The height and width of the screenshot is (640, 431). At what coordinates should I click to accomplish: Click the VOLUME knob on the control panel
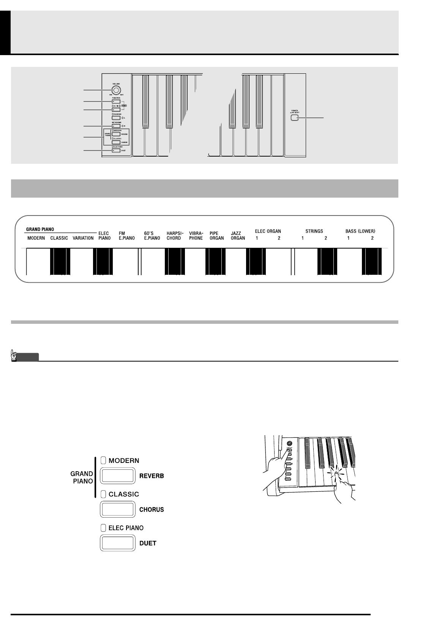(117, 90)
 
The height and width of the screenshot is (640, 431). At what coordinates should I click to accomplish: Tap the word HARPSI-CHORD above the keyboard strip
(174, 236)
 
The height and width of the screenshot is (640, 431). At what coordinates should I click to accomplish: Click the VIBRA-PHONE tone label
(196, 236)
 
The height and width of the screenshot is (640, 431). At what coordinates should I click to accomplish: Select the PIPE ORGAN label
(216, 236)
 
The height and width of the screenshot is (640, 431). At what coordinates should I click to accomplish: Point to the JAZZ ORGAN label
(238, 236)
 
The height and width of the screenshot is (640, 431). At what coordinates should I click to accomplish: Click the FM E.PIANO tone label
(126, 236)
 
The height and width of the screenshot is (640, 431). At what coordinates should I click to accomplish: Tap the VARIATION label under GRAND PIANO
(83, 238)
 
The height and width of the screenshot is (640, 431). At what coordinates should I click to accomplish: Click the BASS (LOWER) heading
(360, 231)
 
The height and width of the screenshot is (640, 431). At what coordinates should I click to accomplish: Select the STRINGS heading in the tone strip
(314, 231)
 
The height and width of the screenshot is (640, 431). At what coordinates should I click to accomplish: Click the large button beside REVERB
(117, 476)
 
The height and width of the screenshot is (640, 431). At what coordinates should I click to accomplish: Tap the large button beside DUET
(117, 543)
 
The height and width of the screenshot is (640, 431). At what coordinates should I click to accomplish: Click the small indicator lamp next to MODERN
(104, 461)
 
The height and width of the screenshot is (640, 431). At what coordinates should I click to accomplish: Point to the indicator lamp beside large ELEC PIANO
(104, 528)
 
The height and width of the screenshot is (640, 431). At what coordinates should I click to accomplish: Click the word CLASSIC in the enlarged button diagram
(124, 494)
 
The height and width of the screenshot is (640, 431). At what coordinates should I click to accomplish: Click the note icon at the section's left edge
(14, 356)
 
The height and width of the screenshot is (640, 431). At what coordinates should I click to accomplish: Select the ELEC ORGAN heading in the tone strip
(268, 231)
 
